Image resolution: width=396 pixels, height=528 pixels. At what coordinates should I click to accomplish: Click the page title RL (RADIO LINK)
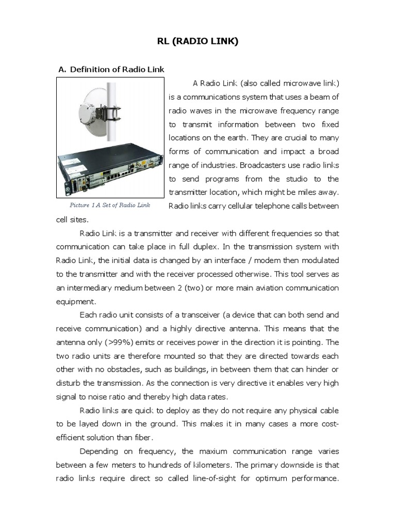click(x=198, y=42)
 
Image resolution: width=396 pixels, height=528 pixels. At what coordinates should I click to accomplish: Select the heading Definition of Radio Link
click(x=117, y=69)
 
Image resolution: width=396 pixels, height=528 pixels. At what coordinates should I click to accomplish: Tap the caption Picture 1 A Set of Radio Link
click(x=110, y=205)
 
